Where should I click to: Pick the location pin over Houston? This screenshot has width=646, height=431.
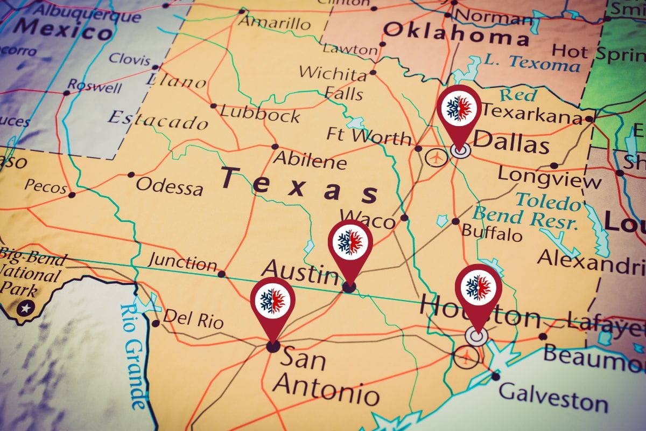click(x=478, y=289)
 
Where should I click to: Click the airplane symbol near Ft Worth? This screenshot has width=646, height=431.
click(x=436, y=158)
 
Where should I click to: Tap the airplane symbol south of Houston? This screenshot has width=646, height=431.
click(x=466, y=356)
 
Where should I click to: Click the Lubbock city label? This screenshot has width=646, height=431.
click(x=260, y=114)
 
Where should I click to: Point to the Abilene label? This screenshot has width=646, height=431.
click(x=310, y=161)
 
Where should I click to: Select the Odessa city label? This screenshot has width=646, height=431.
click(x=170, y=186)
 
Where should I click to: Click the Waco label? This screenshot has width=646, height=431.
click(x=368, y=220)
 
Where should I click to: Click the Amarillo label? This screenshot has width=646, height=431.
click(x=275, y=23)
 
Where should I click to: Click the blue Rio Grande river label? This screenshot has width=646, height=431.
click(x=133, y=356)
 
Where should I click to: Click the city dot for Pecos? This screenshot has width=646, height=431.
click(x=72, y=194)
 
